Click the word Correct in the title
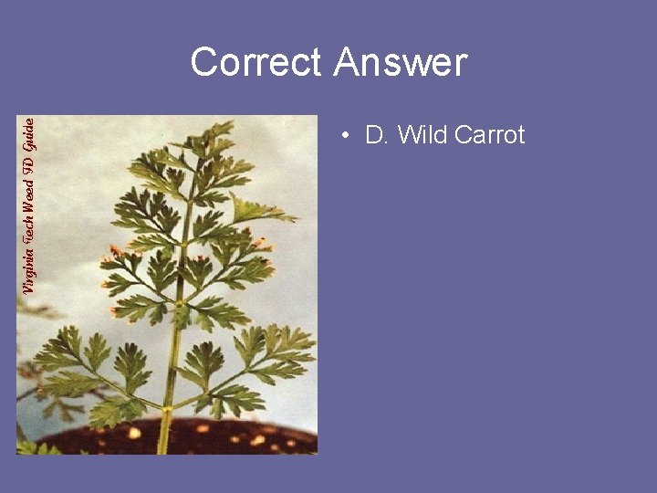256,63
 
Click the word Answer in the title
401,63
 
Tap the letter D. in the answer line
376,136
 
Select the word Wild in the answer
422,136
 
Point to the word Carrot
489,136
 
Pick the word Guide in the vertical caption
28,134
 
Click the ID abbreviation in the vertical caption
28,157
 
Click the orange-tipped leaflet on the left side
114,260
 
